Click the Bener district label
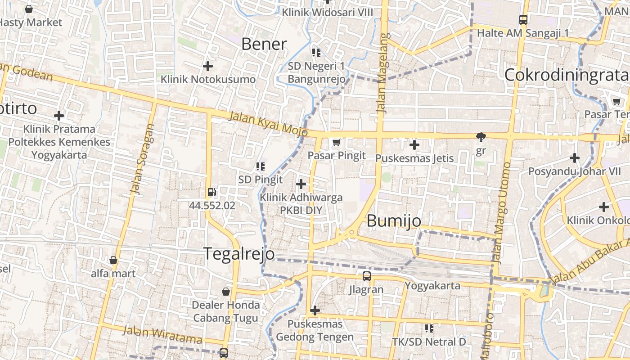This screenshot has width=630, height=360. pos(264,44)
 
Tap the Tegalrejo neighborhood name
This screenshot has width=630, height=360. pos(239,254)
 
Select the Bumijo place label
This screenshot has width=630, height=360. pos(394,221)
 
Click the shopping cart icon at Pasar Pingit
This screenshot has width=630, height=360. pos(336,143)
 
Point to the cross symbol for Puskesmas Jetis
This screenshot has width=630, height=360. pos(414,145)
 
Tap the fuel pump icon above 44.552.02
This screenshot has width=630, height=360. pos(211,193)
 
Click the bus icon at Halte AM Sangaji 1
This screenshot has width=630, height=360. pos(523,20)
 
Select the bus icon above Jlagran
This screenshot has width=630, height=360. pos(367,276)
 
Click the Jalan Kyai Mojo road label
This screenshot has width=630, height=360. pos(268,124)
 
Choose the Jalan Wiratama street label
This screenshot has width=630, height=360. pos(162,334)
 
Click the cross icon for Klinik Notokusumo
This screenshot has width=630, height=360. pos(207,66)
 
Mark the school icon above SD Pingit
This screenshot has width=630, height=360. pos(260,166)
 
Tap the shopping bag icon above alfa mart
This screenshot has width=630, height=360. pos(113,260)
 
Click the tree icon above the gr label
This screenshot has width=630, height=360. pos(481,137)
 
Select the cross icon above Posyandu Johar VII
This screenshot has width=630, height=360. pos(574,158)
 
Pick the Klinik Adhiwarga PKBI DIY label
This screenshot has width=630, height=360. pos(301,203)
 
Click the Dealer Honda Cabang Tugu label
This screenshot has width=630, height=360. pos(226,311)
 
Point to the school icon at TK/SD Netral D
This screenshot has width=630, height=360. pos(429,328)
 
